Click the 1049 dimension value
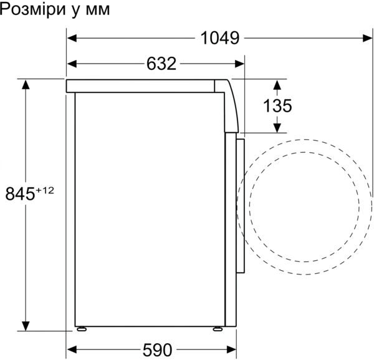(x=219, y=38)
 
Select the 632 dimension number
(x=161, y=64)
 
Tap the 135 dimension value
(x=277, y=106)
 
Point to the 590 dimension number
(x=157, y=350)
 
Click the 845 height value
(x=20, y=193)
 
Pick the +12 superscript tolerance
(x=45, y=190)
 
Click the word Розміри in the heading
(x=32, y=10)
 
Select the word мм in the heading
(x=98, y=11)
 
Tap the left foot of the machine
(x=82, y=329)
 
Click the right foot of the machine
(x=218, y=329)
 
